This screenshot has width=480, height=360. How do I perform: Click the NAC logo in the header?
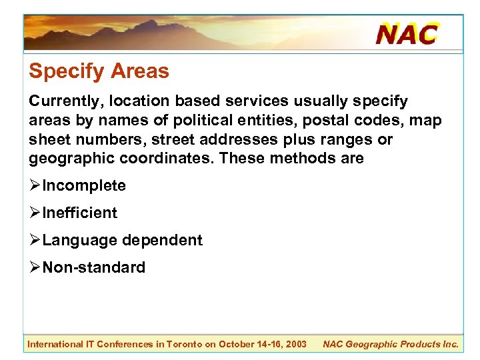pyautogui.click(x=407, y=33)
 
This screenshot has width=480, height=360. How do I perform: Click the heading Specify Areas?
pyautogui.click(x=99, y=71)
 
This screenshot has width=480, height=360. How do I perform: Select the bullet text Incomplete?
pyautogui.click(x=84, y=185)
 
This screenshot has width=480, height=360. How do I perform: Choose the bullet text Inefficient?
pyautogui.click(x=80, y=213)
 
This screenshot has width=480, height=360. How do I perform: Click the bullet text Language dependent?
pyautogui.click(x=122, y=240)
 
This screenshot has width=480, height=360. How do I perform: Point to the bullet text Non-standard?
pyautogui.click(x=93, y=267)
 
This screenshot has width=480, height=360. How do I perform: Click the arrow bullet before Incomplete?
pyautogui.click(x=35, y=185)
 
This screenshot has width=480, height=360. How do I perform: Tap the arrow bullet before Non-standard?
pyautogui.click(x=35, y=267)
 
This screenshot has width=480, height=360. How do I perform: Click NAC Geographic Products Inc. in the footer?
pyautogui.click(x=391, y=344)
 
